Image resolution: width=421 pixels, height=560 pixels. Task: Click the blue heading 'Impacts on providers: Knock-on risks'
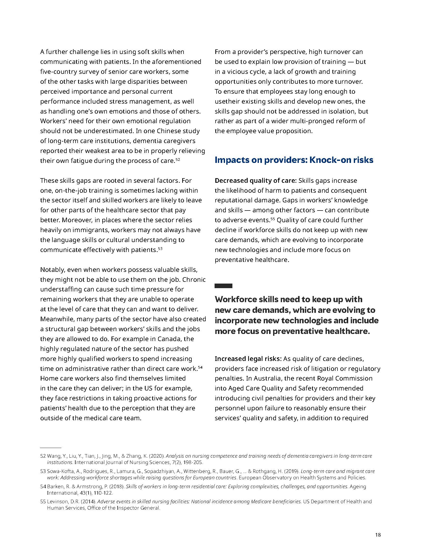point(294,160)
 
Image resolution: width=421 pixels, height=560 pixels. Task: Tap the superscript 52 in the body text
point(178,159)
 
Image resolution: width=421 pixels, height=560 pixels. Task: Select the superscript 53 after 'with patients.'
point(160,248)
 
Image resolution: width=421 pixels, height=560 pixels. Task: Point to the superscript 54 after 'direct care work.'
point(200,367)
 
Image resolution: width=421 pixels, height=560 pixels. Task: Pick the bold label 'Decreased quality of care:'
point(256,180)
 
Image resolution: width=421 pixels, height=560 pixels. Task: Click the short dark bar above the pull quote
point(223,286)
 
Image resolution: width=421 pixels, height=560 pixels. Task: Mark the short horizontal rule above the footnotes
point(51,447)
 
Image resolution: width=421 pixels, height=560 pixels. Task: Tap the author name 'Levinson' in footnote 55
point(56,501)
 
